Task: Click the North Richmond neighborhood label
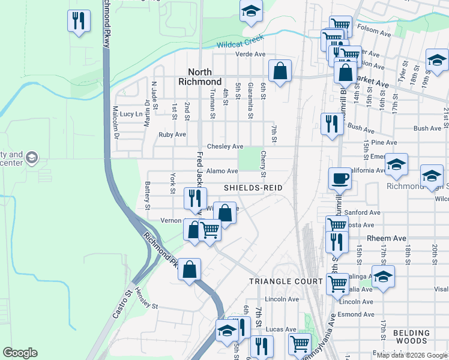point(200,76)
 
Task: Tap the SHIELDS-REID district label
point(253,188)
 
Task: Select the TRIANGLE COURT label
point(278,281)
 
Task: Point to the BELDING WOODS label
point(412,337)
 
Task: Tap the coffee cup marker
point(340,178)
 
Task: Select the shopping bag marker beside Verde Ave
point(280,71)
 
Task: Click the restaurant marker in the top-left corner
point(79,21)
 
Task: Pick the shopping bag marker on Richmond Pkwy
point(190,269)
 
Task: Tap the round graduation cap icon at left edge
point(32,158)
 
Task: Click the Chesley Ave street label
point(224,146)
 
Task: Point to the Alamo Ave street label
point(222,171)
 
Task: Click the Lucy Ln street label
point(131,113)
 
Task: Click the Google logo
point(20,353)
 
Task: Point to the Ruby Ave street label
point(172,134)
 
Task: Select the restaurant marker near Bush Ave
point(331,124)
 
